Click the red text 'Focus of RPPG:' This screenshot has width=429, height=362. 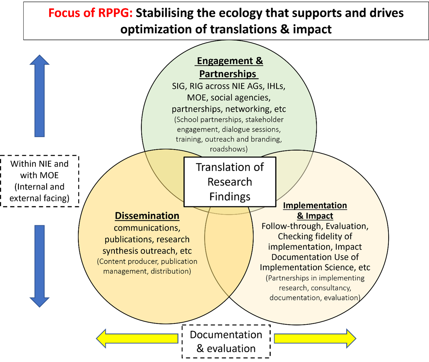click(x=90, y=13)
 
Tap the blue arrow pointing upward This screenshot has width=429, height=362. click(x=39, y=96)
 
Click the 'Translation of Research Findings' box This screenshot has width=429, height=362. click(x=230, y=182)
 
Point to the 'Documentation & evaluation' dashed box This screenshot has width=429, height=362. click(x=226, y=342)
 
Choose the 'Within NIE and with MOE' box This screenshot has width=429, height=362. click(x=39, y=181)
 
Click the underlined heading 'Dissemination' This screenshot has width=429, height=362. click(x=147, y=216)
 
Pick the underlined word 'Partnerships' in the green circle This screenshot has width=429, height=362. click(x=228, y=74)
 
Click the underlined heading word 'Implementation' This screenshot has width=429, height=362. click(x=315, y=205)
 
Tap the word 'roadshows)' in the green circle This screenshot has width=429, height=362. click(x=229, y=149)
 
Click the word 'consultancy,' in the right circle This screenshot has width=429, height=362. click(x=331, y=288)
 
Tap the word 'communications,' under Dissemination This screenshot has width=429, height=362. click(x=147, y=228)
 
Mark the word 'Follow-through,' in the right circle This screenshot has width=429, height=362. click(x=292, y=226)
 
